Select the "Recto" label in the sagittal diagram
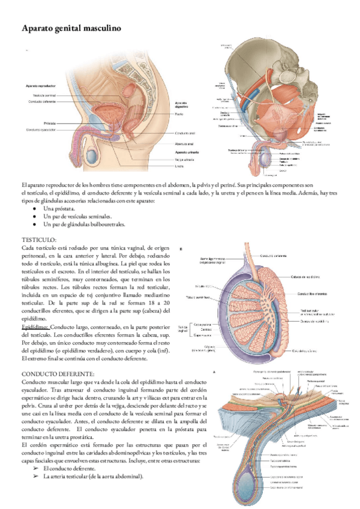pyautogui.click(x=179, y=114)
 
